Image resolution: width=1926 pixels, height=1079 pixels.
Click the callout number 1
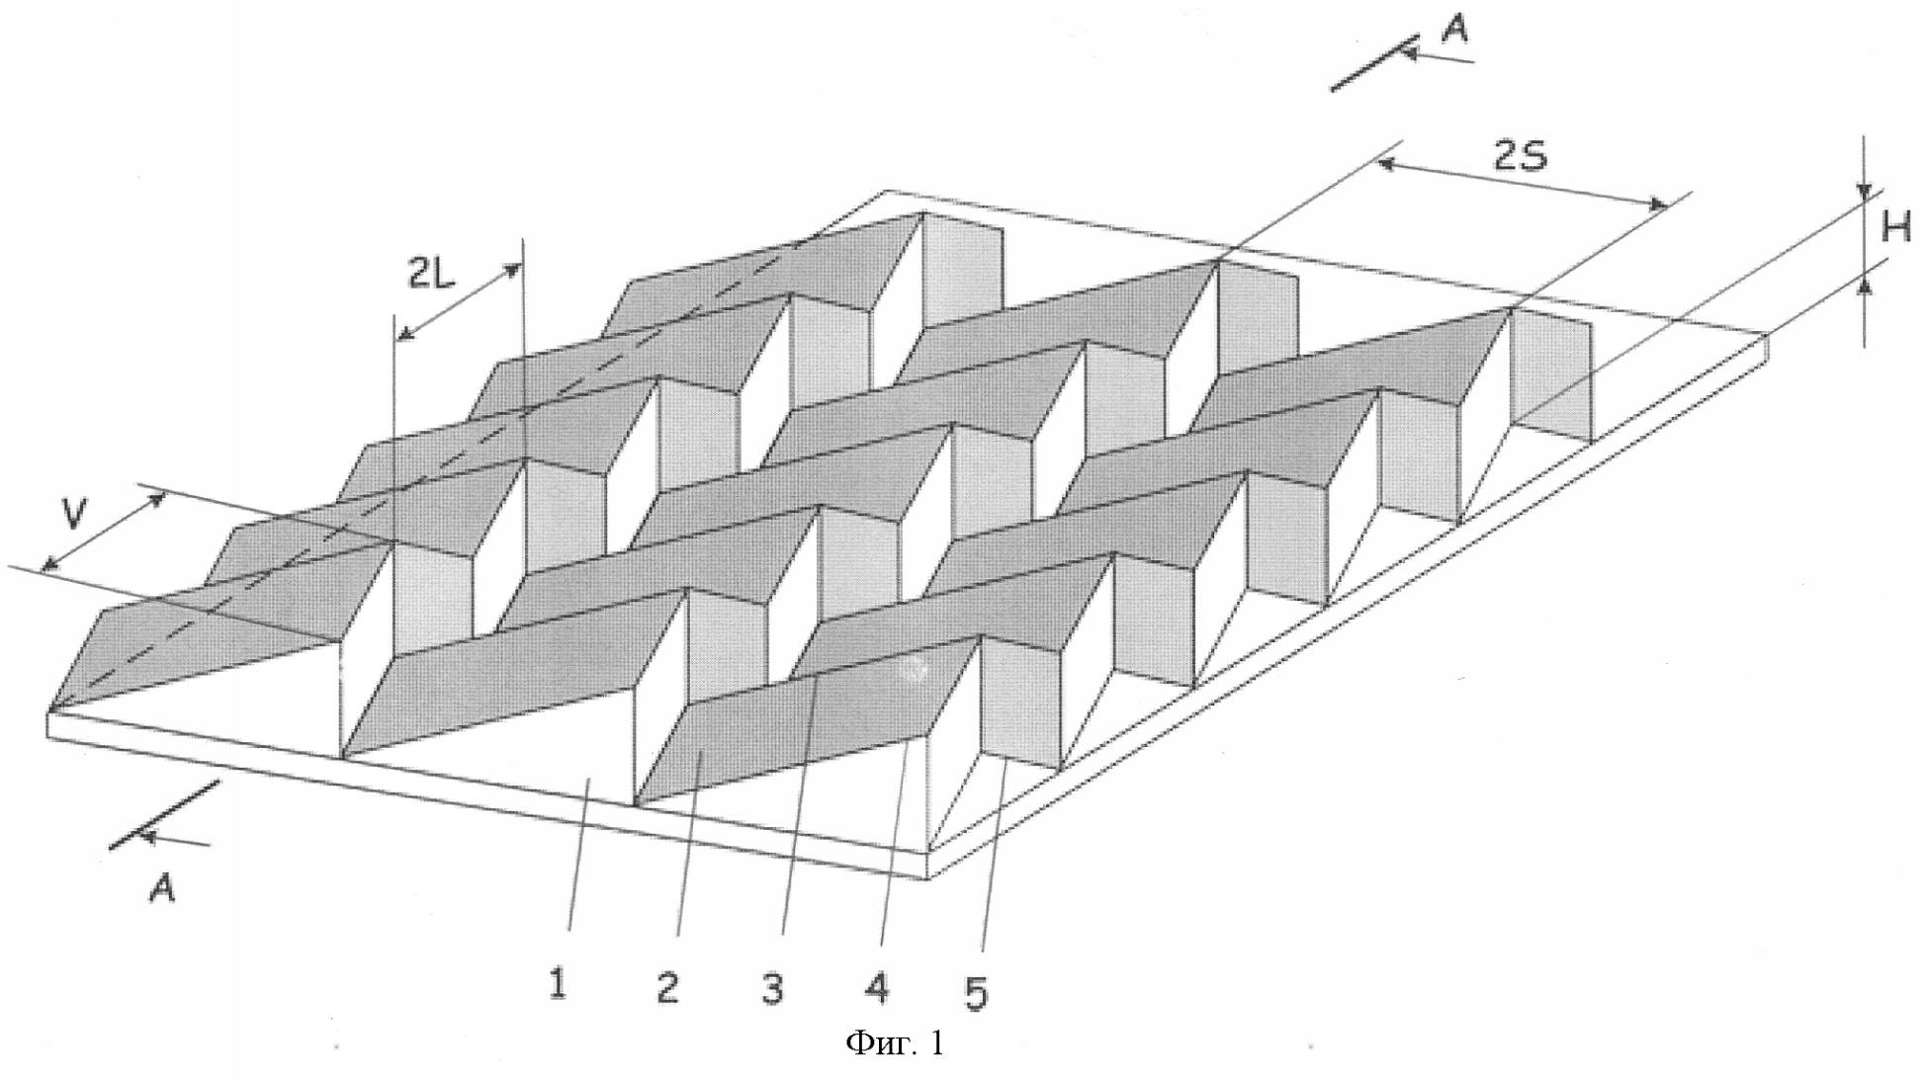559,984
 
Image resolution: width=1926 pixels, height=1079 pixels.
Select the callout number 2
668,987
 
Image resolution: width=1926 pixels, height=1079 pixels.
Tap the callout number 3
773,988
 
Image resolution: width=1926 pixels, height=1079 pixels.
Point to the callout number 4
877,986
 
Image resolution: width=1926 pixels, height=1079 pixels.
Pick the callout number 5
976,992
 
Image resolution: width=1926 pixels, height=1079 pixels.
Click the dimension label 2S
1521,155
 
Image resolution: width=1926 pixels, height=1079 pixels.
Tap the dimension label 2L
430,273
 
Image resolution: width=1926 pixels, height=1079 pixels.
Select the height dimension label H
1895,229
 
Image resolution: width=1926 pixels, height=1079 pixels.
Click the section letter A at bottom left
161,888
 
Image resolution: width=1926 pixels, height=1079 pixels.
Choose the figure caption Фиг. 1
895,1043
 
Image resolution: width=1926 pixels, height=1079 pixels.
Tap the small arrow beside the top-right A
1439,56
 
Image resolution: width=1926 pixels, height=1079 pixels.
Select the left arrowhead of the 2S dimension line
1389,165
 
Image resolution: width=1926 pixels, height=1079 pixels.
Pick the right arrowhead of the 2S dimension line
1656,205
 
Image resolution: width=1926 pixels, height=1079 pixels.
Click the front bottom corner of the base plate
928,878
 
